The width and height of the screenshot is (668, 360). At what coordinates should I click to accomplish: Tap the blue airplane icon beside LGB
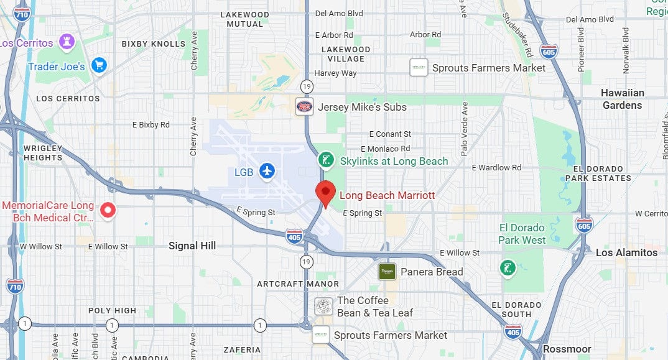coord(267,170)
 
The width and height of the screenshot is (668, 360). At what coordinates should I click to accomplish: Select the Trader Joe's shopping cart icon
coord(98,65)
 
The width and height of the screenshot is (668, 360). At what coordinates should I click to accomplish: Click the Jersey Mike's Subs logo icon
coord(304,106)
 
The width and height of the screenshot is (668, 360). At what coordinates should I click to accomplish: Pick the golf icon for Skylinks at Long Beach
coord(325,160)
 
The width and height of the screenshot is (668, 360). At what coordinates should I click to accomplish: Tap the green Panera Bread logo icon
coord(387,272)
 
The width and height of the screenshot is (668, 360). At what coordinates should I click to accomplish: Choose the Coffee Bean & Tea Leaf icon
coord(323,306)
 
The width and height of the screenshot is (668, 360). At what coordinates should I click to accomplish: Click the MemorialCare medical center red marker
coord(108,211)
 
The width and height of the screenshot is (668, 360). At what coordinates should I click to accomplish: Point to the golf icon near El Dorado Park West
coord(508,268)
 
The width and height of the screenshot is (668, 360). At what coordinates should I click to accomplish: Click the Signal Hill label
coord(192,246)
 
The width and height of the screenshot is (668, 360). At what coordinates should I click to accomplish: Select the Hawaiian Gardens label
coord(622,99)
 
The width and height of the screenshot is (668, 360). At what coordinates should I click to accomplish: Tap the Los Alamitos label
coord(626,252)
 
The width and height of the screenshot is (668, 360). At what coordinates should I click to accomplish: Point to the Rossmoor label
coord(566,349)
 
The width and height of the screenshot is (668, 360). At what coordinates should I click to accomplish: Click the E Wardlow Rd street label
coord(496,168)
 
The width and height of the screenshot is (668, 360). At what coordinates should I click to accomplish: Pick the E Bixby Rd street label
coord(151,125)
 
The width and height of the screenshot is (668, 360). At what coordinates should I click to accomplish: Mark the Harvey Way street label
coord(335,73)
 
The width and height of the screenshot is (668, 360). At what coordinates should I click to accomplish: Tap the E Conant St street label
coord(390,134)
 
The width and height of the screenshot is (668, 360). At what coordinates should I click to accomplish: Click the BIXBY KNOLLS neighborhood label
coord(153,44)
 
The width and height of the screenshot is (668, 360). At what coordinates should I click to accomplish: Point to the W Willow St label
coord(41,247)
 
